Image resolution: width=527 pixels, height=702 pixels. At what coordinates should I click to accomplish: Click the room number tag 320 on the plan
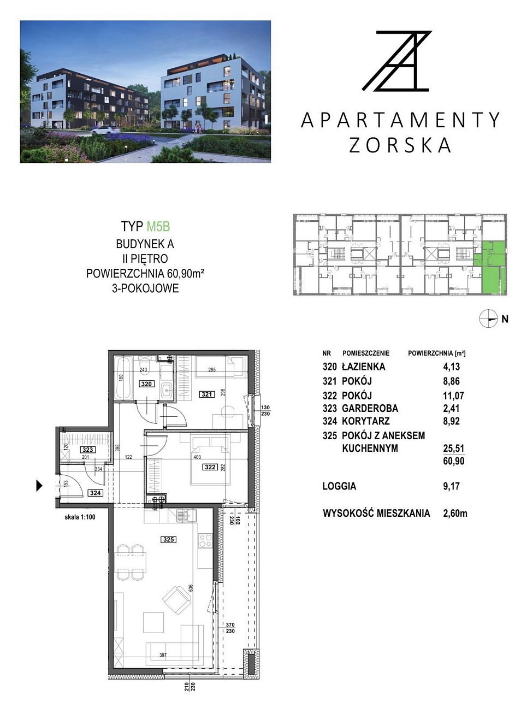click(x=146, y=384)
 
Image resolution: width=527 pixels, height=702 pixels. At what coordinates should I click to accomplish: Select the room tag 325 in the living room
click(x=168, y=540)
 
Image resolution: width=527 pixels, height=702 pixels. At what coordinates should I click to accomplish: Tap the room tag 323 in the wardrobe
click(x=87, y=450)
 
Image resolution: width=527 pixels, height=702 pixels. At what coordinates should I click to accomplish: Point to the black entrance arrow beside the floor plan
click(x=39, y=486)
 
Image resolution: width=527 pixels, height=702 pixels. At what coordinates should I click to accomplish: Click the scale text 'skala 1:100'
click(x=80, y=517)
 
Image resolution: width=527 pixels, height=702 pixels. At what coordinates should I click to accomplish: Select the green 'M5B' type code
click(x=158, y=226)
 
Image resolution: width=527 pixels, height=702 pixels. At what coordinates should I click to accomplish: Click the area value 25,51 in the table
click(x=453, y=449)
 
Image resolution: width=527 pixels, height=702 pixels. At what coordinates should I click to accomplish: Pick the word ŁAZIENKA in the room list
click(x=363, y=367)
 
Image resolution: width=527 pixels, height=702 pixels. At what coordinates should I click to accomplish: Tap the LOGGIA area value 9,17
click(x=451, y=486)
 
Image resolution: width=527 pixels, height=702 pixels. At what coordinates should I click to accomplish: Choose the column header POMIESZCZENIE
click(x=366, y=353)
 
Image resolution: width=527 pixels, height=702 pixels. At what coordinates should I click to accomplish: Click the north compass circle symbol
click(x=488, y=319)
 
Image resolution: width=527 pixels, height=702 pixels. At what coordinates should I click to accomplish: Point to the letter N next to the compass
click(x=505, y=319)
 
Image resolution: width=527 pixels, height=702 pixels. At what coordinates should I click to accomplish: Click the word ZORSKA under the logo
click(x=400, y=145)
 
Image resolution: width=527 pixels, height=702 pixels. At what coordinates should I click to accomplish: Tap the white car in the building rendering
click(x=105, y=129)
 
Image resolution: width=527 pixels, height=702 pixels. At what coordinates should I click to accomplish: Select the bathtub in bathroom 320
click(x=123, y=379)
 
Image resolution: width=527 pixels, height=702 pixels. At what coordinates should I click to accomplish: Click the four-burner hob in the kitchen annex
click(x=205, y=540)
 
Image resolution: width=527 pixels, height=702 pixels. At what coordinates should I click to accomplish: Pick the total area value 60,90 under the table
click(x=453, y=461)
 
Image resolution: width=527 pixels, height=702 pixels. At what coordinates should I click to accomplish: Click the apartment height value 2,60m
click(x=455, y=514)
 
